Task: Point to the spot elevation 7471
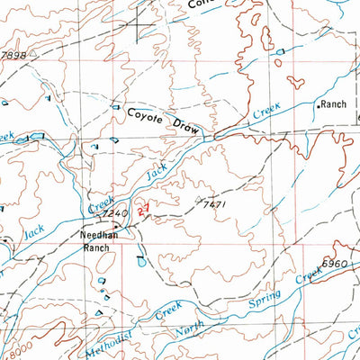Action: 213,206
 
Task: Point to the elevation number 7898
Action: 13,54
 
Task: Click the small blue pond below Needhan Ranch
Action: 139,263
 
